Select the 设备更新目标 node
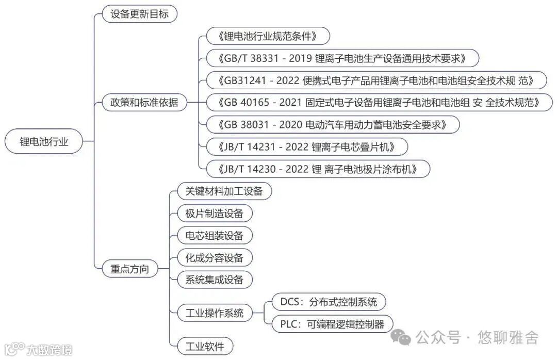coord(139,14)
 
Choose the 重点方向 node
coord(129,269)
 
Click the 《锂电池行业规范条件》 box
coord(267,36)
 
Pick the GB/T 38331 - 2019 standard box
coord(342,58)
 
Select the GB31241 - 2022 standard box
coord(375,80)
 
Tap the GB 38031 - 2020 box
coord(332,124)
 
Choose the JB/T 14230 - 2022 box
coord(317,169)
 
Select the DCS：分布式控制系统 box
coord(329,302)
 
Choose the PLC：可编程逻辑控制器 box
coord(332,324)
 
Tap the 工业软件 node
coord(201,346)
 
